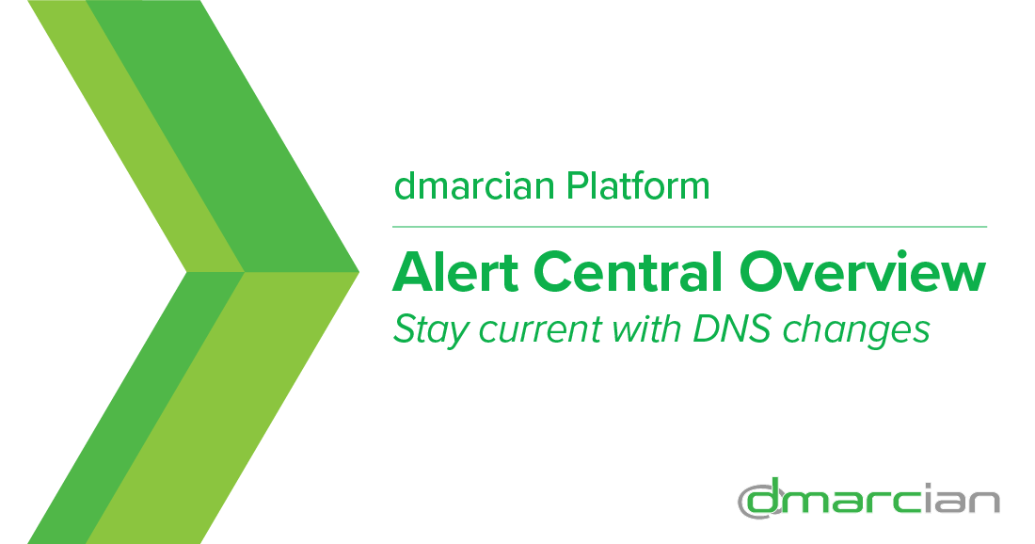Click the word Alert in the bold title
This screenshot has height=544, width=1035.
coord(454,271)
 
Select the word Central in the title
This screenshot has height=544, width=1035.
coord(627,271)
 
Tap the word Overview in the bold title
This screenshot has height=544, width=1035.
coord(863,271)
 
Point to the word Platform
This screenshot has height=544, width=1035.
coord(638,186)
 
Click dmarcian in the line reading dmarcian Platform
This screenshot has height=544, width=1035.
coord(474,186)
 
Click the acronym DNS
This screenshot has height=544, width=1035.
coord(731,328)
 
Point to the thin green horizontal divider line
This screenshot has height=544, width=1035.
coord(689,227)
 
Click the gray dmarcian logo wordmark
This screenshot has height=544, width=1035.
coord(868,499)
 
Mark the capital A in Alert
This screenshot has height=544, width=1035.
coord(412,271)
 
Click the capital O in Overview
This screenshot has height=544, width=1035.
coord(761,271)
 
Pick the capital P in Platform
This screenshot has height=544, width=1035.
coord(576,186)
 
